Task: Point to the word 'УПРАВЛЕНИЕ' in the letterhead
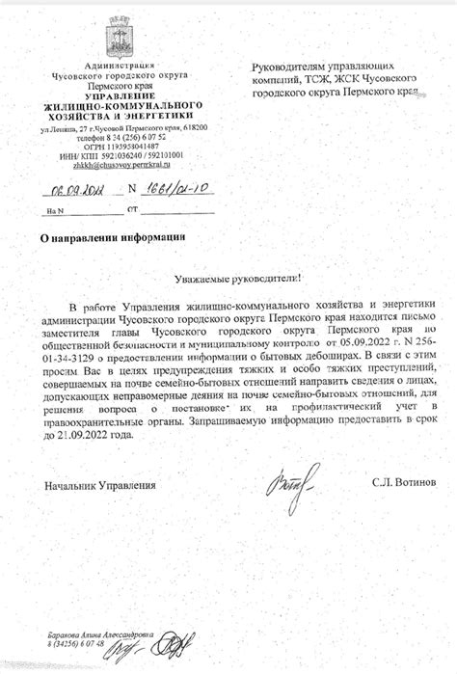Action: [x=118, y=96]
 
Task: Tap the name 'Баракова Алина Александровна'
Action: [x=100, y=635]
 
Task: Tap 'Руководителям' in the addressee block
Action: [x=290, y=67]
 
